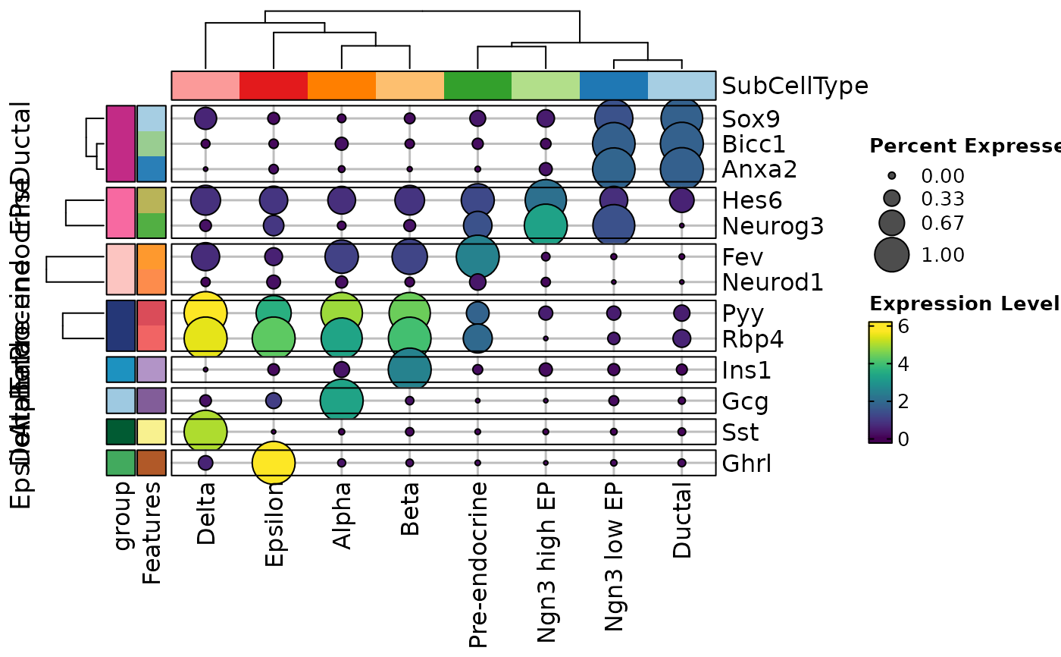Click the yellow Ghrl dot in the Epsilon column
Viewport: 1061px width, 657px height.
[x=274, y=462]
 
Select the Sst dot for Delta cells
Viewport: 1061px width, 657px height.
[x=205, y=431]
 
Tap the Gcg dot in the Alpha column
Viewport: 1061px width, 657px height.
[x=342, y=400]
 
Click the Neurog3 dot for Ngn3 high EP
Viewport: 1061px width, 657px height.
[x=546, y=225]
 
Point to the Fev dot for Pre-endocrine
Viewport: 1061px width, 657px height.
[x=477, y=256]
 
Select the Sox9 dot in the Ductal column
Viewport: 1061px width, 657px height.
[x=682, y=118]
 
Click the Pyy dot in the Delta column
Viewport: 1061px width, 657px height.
[x=205, y=313]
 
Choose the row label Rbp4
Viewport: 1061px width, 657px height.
[x=753, y=338]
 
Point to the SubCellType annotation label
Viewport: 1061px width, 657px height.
[x=795, y=86]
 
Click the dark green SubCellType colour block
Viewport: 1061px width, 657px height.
[x=477, y=85]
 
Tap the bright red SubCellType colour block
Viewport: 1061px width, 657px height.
[x=274, y=85]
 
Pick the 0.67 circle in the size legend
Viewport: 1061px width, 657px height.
[x=892, y=223]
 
